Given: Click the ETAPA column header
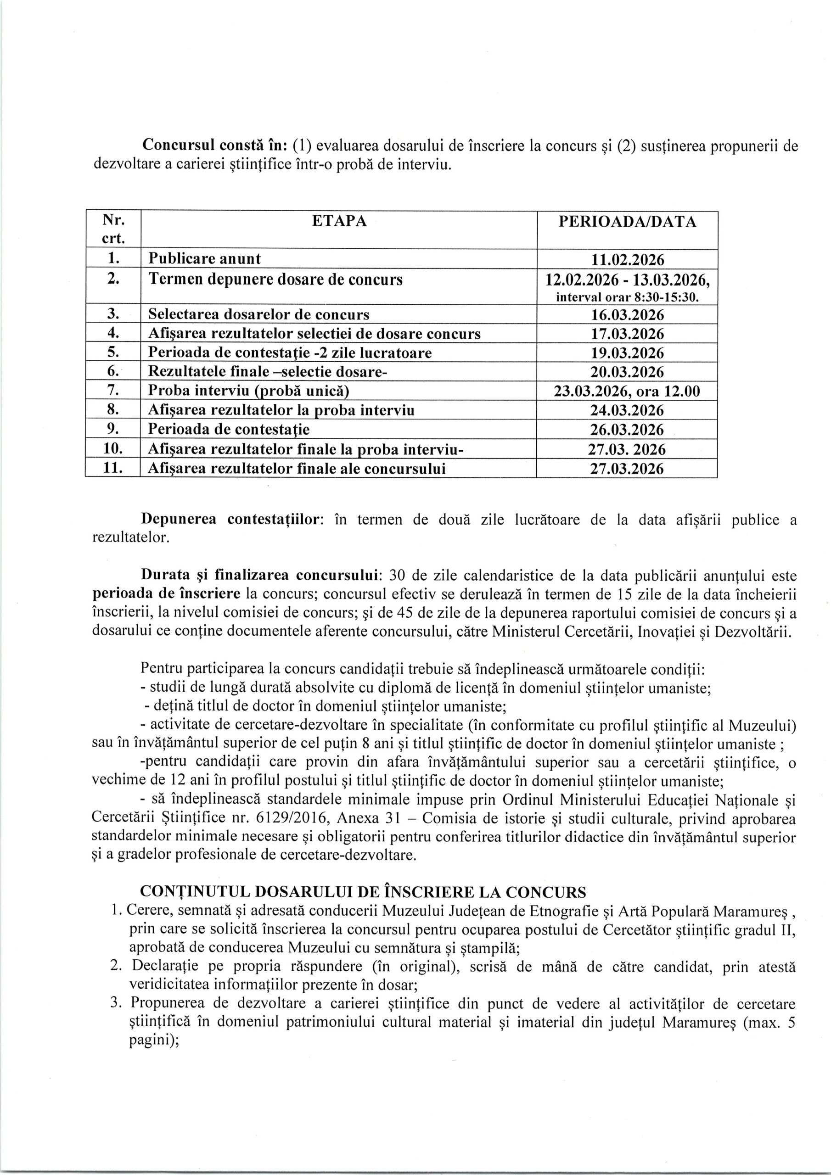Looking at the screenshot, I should click(339, 221).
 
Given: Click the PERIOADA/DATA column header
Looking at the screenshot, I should click(627, 222).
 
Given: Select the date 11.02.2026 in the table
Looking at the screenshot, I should click(627, 260).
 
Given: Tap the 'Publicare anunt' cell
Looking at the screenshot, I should click(204, 259).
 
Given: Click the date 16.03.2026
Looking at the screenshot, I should click(627, 315).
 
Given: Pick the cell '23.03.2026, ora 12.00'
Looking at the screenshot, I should click(627, 392).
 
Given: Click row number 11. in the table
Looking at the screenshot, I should click(112, 468).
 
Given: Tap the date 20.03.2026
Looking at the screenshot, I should click(627, 372).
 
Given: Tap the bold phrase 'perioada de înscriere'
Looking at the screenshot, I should click(166, 593).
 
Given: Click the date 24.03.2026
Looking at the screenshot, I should click(627, 410).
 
